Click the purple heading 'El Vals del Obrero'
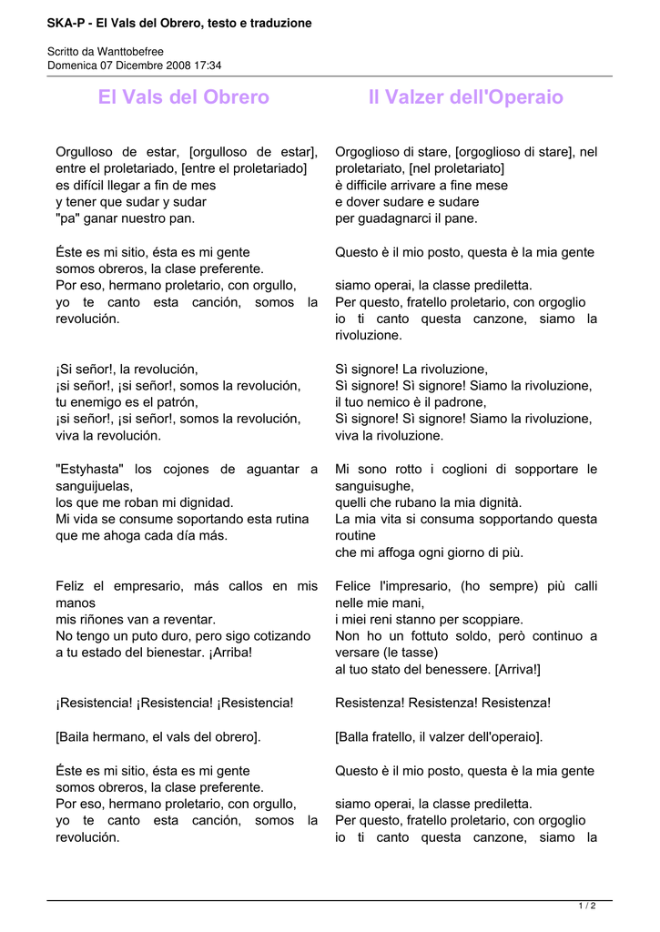[x=183, y=97]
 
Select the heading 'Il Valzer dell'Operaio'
[x=465, y=97]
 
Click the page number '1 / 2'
[x=587, y=906]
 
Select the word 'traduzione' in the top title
[x=280, y=23]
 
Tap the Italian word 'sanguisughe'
[x=373, y=486]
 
